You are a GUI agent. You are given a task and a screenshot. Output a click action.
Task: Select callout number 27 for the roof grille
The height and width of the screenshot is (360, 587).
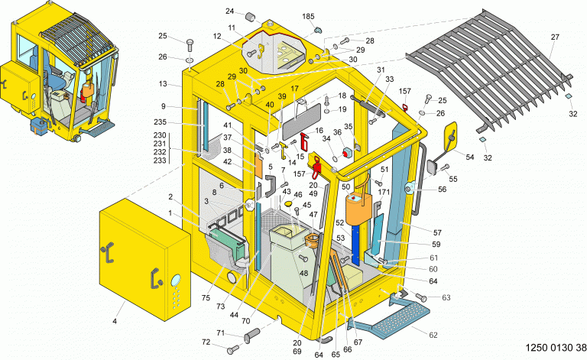point(555,36)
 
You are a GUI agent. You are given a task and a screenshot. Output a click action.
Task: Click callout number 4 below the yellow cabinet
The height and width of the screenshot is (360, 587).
point(115,321)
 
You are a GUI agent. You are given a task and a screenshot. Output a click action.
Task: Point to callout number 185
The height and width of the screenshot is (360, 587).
point(308,16)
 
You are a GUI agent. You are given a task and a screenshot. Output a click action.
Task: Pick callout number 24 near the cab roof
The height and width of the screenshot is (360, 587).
point(229,11)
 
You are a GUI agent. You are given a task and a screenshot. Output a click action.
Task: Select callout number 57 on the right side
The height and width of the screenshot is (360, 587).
point(437,232)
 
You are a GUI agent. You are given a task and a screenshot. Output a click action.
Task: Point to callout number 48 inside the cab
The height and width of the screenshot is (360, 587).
point(303,274)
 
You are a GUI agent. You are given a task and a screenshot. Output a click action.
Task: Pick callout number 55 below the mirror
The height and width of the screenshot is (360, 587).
point(454,179)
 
